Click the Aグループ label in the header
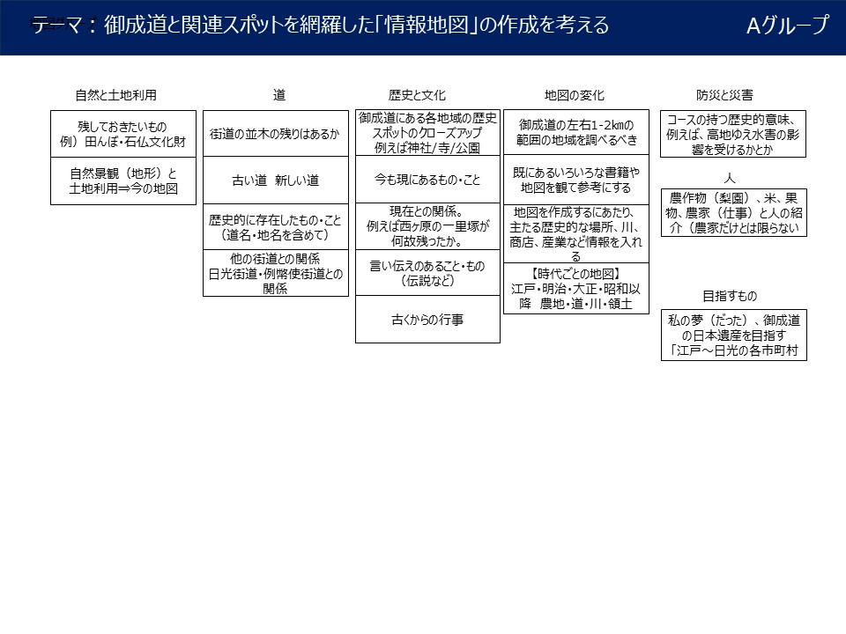(787, 26)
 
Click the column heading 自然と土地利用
(122, 95)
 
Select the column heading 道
(279, 95)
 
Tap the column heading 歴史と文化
(417, 95)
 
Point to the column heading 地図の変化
(575, 95)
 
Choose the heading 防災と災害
(724, 95)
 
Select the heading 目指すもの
(729, 296)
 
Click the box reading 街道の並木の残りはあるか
(274, 134)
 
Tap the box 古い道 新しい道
(274, 181)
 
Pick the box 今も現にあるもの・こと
(427, 181)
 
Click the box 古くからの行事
(427, 320)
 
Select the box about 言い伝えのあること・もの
(427, 272)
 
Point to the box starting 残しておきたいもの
(122, 134)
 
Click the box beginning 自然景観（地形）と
(122, 181)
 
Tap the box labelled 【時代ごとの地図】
(575, 288)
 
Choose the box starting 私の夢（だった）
(733, 335)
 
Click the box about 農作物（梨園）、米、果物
(733, 213)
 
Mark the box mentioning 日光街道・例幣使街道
(274, 273)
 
